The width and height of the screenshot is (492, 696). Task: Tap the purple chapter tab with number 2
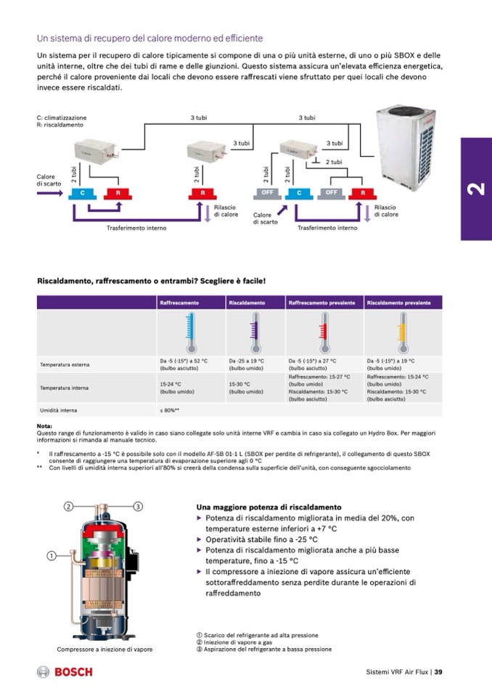[476, 189]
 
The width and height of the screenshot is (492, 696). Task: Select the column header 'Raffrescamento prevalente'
[321, 302]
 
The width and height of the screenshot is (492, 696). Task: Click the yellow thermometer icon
[404, 333]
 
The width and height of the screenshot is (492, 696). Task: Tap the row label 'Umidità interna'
[59, 410]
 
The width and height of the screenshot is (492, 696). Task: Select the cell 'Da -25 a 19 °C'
[247, 360]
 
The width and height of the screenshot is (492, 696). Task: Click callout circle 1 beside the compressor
[52, 556]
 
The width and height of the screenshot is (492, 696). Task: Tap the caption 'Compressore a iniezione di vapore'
[104, 649]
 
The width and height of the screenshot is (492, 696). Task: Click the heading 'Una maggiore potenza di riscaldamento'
[268, 507]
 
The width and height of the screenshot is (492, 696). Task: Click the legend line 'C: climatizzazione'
[61, 118]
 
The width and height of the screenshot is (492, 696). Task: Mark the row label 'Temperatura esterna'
[65, 364]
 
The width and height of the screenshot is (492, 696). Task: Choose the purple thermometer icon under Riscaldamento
[255, 333]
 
